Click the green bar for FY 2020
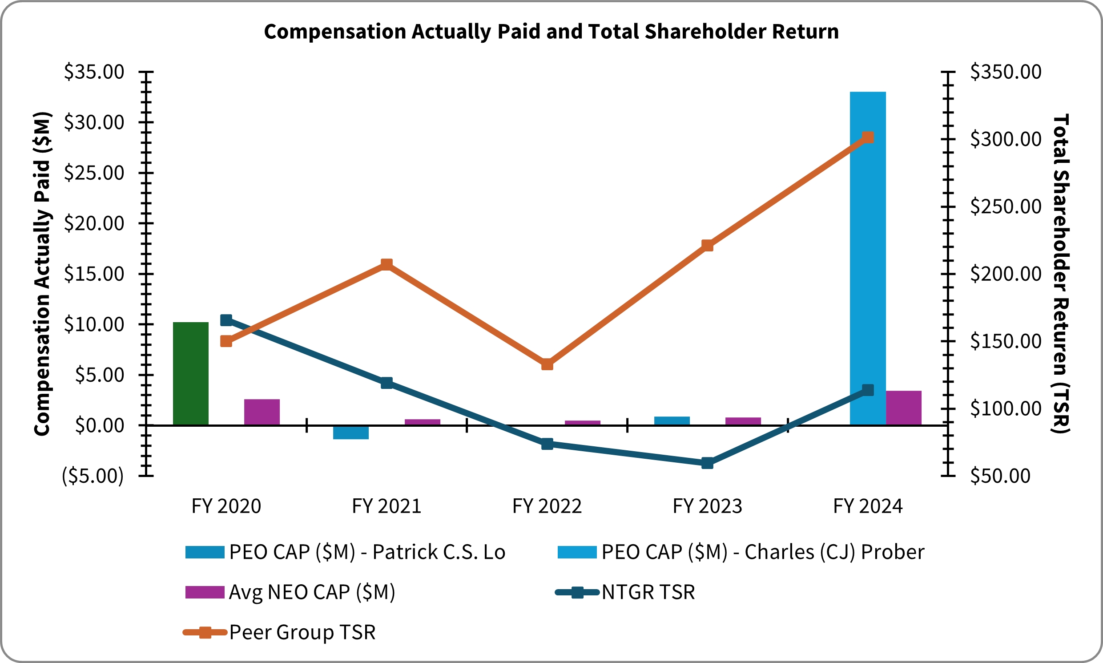[191, 373]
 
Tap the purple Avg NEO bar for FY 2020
[262, 412]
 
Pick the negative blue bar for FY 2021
[350, 433]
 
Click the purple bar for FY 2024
[903, 408]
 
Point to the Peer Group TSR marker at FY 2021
[387, 264]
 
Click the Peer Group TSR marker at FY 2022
[547, 364]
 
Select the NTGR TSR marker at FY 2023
[707, 463]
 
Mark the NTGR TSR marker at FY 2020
[226, 320]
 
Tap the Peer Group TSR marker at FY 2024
[868, 137]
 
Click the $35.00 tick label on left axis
[94, 72]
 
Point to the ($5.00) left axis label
[93, 476]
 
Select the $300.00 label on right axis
[1006, 139]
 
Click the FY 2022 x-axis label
[547, 507]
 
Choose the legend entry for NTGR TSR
[625, 592]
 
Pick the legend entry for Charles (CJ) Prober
[741, 552]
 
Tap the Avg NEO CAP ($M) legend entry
[290, 592]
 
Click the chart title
[551, 32]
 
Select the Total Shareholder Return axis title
[1061, 273]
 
